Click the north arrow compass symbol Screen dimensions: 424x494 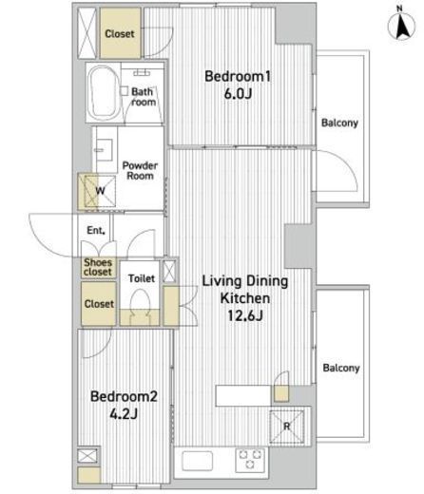pyautogui.click(x=401, y=24)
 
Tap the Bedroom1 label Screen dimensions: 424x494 pyautogui.click(x=238, y=76)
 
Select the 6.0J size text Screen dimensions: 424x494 pyautogui.click(x=238, y=94)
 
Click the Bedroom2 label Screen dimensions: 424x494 pyautogui.click(x=124, y=396)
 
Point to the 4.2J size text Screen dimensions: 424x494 pyautogui.click(x=124, y=413)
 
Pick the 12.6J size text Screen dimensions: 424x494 pyautogui.click(x=245, y=315)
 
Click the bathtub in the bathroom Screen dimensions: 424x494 pyautogui.click(x=102, y=92)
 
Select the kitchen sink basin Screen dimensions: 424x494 pyautogui.click(x=197, y=461)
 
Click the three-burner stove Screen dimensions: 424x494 pyautogui.click(x=250, y=460)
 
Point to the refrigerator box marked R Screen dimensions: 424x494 pyautogui.click(x=287, y=427)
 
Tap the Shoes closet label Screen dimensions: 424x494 pyautogui.click(x=98, y=267)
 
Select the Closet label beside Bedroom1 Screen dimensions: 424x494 pyautogui.click(x=120, y=33)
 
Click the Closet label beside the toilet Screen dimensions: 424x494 pyautogui.click(x=99, y=304)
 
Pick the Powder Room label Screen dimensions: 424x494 pyautogui.click(x=140, y=170)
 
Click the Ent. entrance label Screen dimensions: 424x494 pyautogui.click(x=96, y=230)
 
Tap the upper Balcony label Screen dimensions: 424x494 pyautogui.click(x=339, y=123)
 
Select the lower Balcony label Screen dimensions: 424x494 pyautogui.click(x=341, y=368)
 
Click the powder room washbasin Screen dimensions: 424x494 pyautogui.click(x=104, y=150)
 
